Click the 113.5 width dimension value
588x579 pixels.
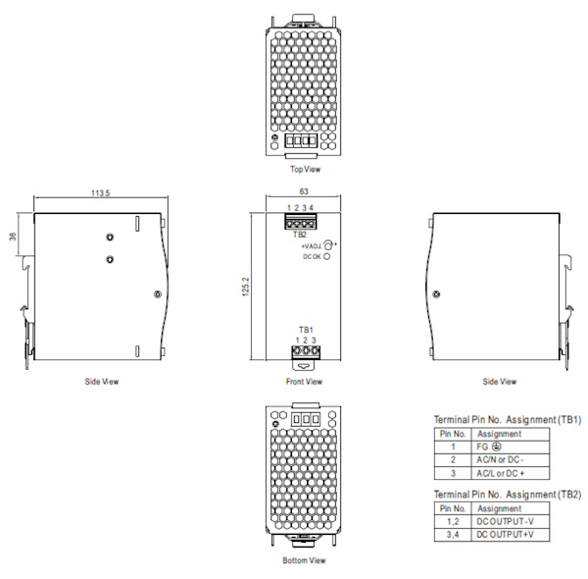pyautogui.click(x=101, y=193)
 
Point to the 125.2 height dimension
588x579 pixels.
pyautogui.click(x=246, y=287)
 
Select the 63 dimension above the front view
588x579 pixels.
pyautogui.click(x=304, y=191)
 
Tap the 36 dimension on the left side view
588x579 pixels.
pyautogui.click(x=13, y=237)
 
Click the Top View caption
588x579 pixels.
pyautogui.click(x=305, y=169)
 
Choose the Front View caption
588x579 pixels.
pyautogui.click(x=304, y=382)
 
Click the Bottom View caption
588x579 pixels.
pyautogui.click(x=304, y=560)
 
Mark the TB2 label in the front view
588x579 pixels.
pyautogui.click(x=300, y=235)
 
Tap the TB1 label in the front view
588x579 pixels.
pyautogui.click(x=306, y=330)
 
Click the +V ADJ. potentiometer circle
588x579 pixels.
pyautogui.click(x=327, y=245)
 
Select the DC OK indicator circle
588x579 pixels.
pyautogui.click(x=326, y=256)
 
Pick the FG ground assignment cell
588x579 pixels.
pyautogui.click(x=511, y=447)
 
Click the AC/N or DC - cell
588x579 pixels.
pyautogui.click(x=511, y=460)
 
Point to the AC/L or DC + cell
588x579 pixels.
pyautogui.click(x=511, y=473)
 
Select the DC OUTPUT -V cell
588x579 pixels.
pyautogui.click(x=511, y=521)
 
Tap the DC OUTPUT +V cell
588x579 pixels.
pyautogui.click(x=511, y=535)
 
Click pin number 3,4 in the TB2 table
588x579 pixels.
pyautogui.click(x=453, y=535)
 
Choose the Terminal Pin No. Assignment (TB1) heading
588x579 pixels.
pyautogui.click(x=508, y=419)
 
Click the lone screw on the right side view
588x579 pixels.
pyautogui.click(x=436, y=294)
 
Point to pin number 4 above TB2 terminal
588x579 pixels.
pyautogui.click(x=312, y=208)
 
